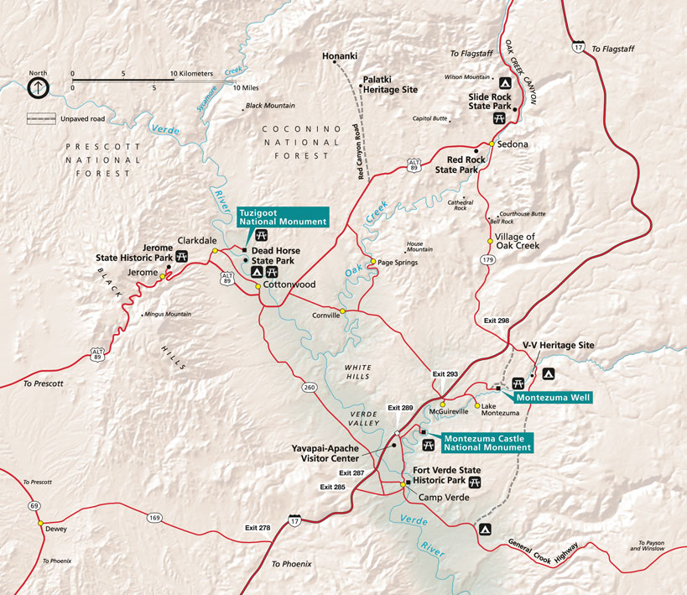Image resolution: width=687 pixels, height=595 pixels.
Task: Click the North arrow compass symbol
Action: click(39, 86)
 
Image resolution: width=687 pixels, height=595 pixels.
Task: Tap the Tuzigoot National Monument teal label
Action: click(282, 217)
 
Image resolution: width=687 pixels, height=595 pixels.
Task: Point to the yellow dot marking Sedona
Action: click(492, 144)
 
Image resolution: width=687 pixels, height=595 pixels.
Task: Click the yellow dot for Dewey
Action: click(40, 523)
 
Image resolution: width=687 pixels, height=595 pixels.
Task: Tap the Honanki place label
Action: click(341, 56)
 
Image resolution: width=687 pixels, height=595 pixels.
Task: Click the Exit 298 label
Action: click(497, 321)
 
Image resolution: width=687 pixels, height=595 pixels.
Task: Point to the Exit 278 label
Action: click(258, 528)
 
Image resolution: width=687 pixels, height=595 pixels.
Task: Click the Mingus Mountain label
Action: click(169, 314)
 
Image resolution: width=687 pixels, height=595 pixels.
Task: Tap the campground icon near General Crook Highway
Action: click(483, 530)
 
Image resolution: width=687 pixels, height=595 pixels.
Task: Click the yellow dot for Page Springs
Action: click(372, 261)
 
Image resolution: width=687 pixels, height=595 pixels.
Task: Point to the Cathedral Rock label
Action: click(461, 205)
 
